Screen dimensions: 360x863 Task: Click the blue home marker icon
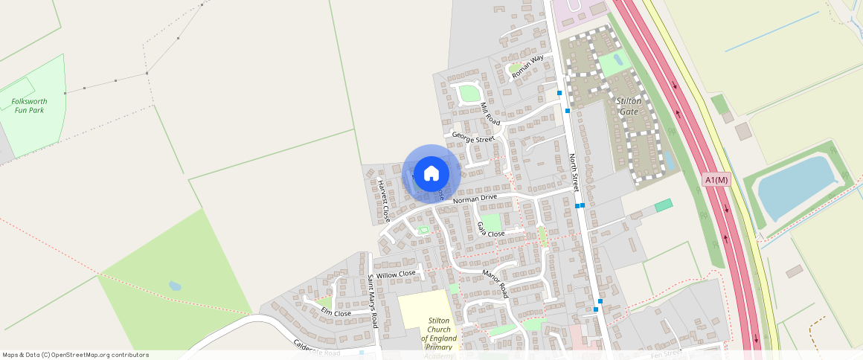point(431,174)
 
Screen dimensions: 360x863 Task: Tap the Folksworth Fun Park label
point(28,105)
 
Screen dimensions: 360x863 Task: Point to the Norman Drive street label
point(474,199)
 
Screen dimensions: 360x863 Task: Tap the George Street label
point(473,138)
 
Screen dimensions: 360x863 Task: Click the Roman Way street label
point(527,66)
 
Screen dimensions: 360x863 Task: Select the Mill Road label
point(490,112)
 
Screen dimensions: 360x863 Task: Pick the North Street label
point(574,173)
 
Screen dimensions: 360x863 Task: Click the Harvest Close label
point(383,201)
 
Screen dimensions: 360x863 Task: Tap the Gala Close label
point(491,229)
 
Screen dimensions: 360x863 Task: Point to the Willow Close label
point(396,274)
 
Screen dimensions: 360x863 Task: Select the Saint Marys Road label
point(373,300)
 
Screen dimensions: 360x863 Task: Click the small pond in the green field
point(175,286)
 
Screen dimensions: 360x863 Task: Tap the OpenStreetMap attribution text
point(75,355)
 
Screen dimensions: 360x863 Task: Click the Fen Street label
point(666,354)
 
